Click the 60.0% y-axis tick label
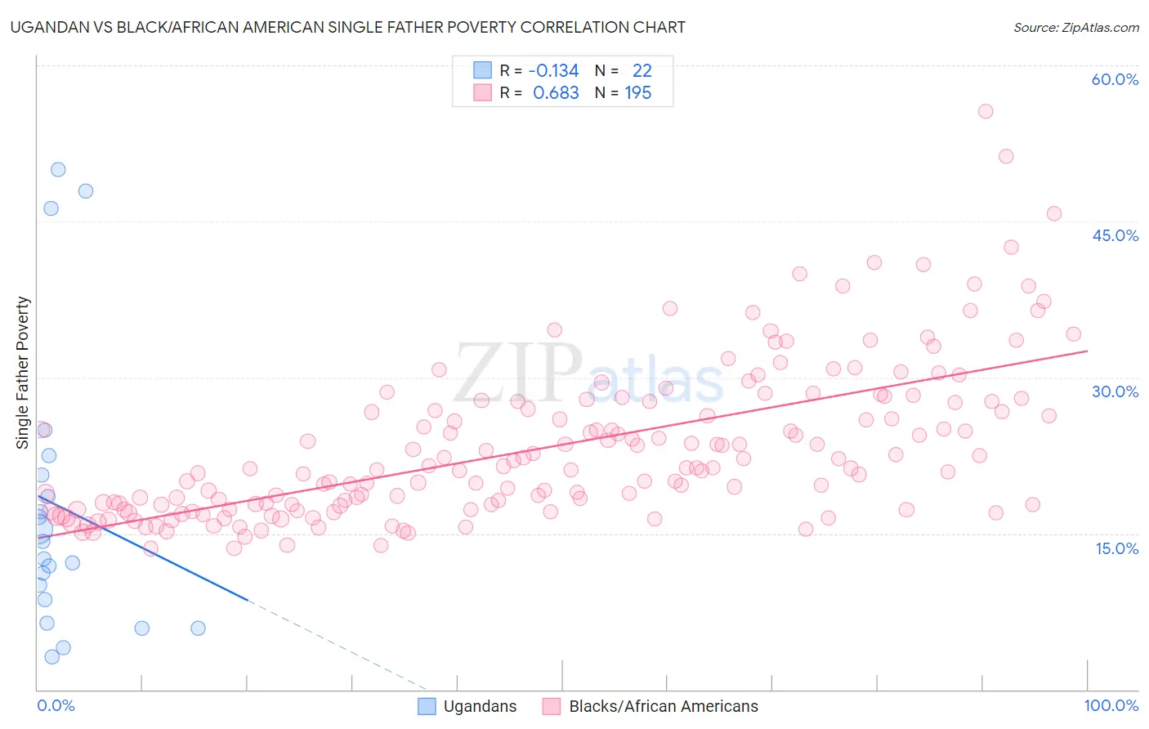point(1115,79)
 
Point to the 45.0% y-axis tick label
point(1115,235)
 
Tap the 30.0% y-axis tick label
point(1115,391)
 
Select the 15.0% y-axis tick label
point(1116,548)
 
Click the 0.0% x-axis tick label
point(56,705)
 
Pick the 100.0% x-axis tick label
point(1111,705)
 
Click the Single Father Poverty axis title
point(23,372)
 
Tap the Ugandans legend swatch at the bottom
point(427,706)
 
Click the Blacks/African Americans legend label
point(663,706)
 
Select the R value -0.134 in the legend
point(553,70)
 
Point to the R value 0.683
point(556,93)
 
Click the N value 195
point(638,93)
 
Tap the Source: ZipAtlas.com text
point(1075,27)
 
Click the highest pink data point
point(986,111)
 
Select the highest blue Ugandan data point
point(58,170)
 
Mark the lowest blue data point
point(51,656)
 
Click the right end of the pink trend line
point(1087,351)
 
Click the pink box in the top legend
point(482,93)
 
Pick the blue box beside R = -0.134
point(482,70)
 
